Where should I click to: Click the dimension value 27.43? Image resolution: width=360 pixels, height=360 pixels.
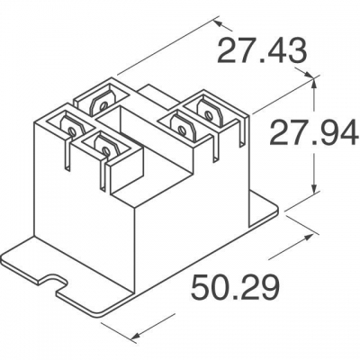[262, 51]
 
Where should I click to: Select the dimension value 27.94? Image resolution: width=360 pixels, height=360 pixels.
[314, 132]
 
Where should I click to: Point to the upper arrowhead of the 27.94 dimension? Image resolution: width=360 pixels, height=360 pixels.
[314, 85]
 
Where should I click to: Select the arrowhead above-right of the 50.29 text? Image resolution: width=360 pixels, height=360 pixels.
[306, 238]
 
